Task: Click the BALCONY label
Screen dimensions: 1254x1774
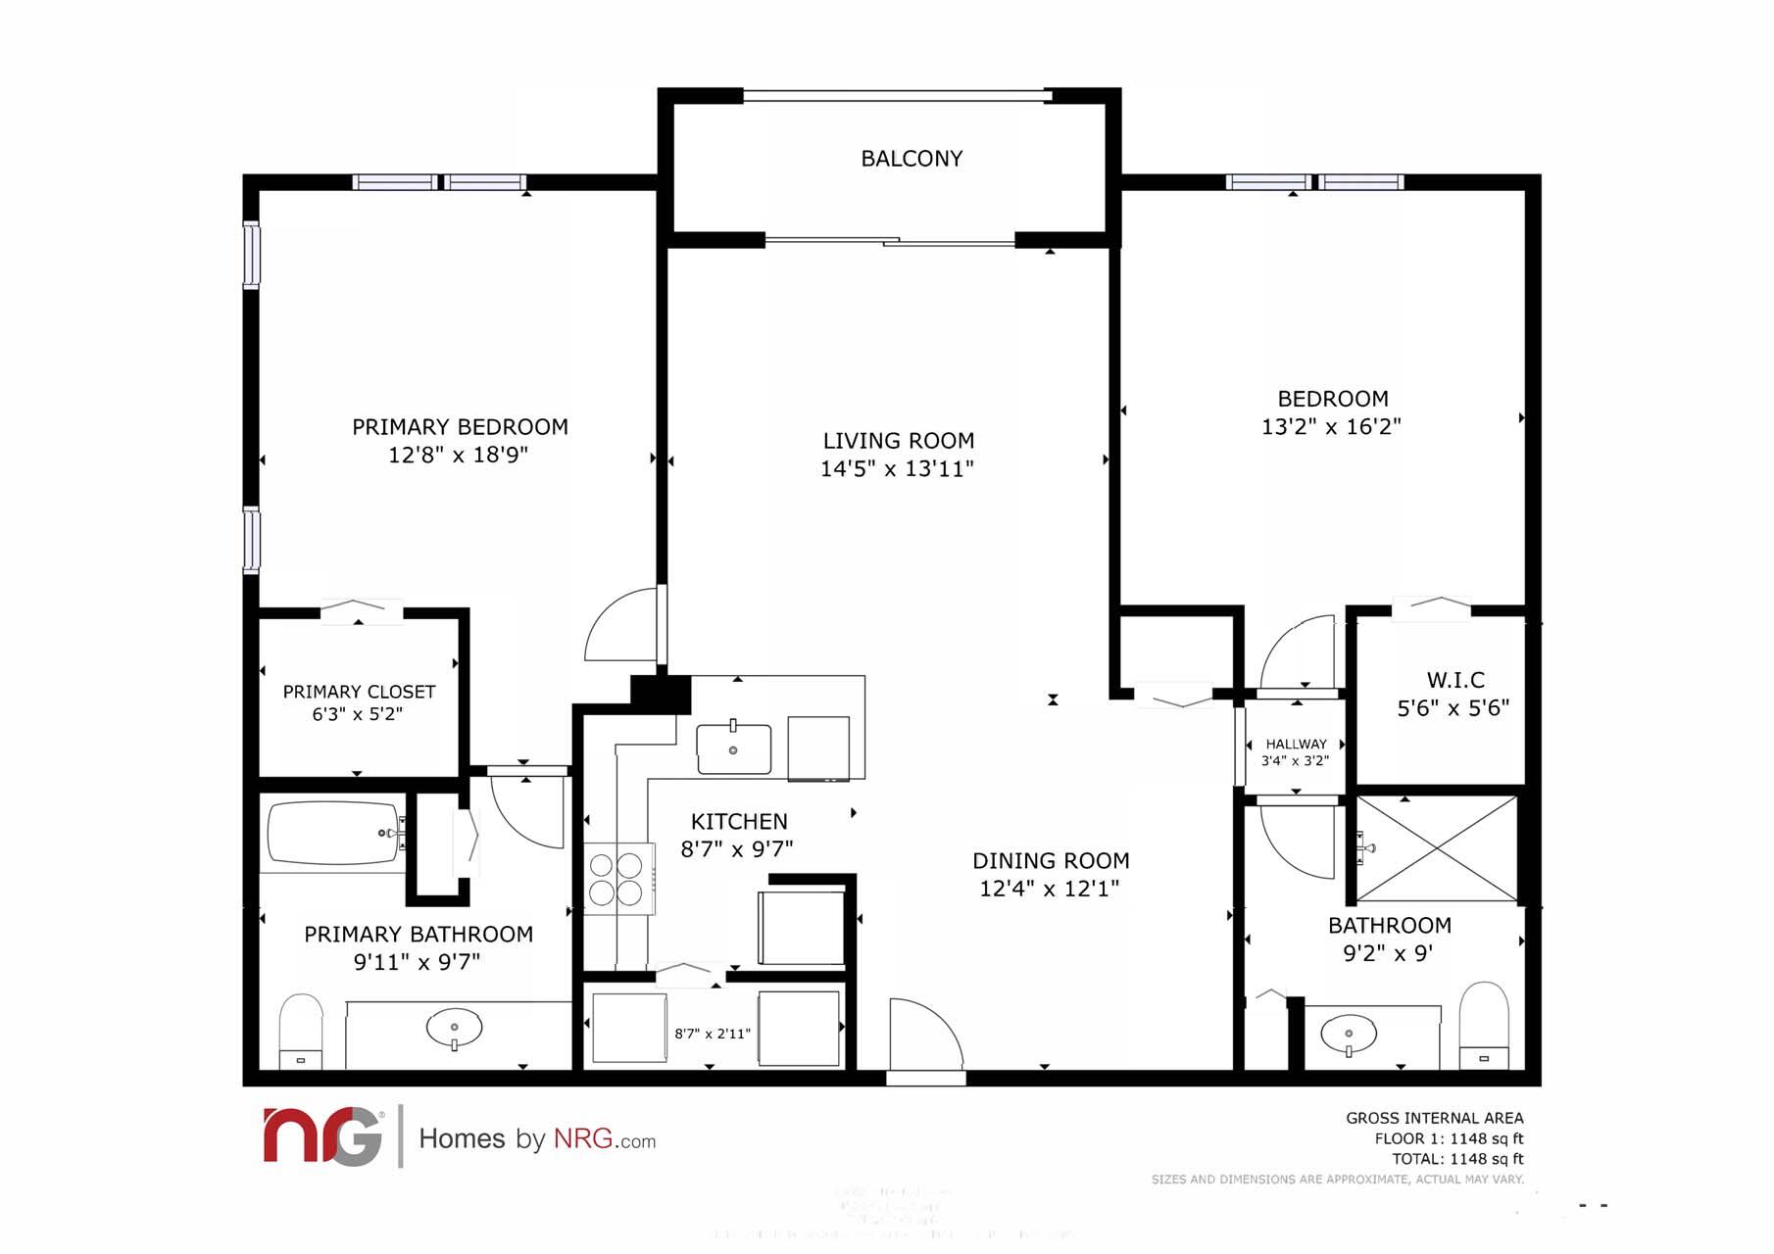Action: [x=912, y=159]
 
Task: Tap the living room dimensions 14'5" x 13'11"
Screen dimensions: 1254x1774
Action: [x=897, y=469]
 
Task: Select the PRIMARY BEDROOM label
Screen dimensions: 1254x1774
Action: [x=460, y=427]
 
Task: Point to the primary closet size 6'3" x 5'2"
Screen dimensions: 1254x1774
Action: [x=358, y=715]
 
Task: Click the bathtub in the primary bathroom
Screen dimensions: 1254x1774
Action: [x=333, y=834]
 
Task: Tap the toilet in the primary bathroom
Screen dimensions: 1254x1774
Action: [x=301, y=1032]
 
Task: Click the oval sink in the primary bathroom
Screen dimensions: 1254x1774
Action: [x=454, y=1029]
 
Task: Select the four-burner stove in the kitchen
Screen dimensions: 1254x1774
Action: [x=616, y=879]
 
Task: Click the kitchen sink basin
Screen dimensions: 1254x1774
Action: [x=733, y=749]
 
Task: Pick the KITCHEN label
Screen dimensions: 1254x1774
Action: [x=739, y=822]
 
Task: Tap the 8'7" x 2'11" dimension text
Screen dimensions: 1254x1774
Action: [x=713, y=1034]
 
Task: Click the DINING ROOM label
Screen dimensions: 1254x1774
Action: [x=1051, y=861]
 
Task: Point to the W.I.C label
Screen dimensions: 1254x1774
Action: [x=1455, y=680]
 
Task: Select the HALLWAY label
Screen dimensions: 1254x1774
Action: [x=1296, y=745]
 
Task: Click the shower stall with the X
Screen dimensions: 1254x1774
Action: [x=1436, y=848]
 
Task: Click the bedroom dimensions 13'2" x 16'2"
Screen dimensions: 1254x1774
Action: [x=1331, y=427]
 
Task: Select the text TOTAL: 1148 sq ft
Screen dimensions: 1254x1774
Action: [x=1457, y=1159]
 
